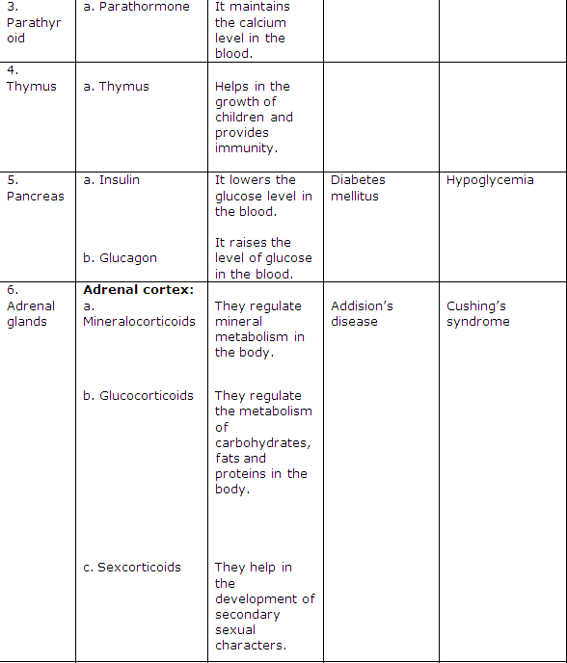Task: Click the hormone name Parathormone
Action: (145, 7)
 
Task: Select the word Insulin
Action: (119, 180)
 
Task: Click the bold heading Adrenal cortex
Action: (139, 290)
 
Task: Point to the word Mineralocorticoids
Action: (139, 322)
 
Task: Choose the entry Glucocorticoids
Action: (146, 396)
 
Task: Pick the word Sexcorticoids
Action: (139, 568)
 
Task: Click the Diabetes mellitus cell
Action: (358, 188)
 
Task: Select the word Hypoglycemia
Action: (490, 180)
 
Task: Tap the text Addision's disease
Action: (362, 314)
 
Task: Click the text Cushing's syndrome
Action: (478, 314)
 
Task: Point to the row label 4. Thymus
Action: (31, 79)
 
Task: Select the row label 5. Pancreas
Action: (35, 189)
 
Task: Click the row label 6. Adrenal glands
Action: (30, 306)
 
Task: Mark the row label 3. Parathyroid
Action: (27, 22)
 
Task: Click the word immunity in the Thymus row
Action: (246, 148)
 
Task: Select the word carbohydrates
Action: (262, 443)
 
